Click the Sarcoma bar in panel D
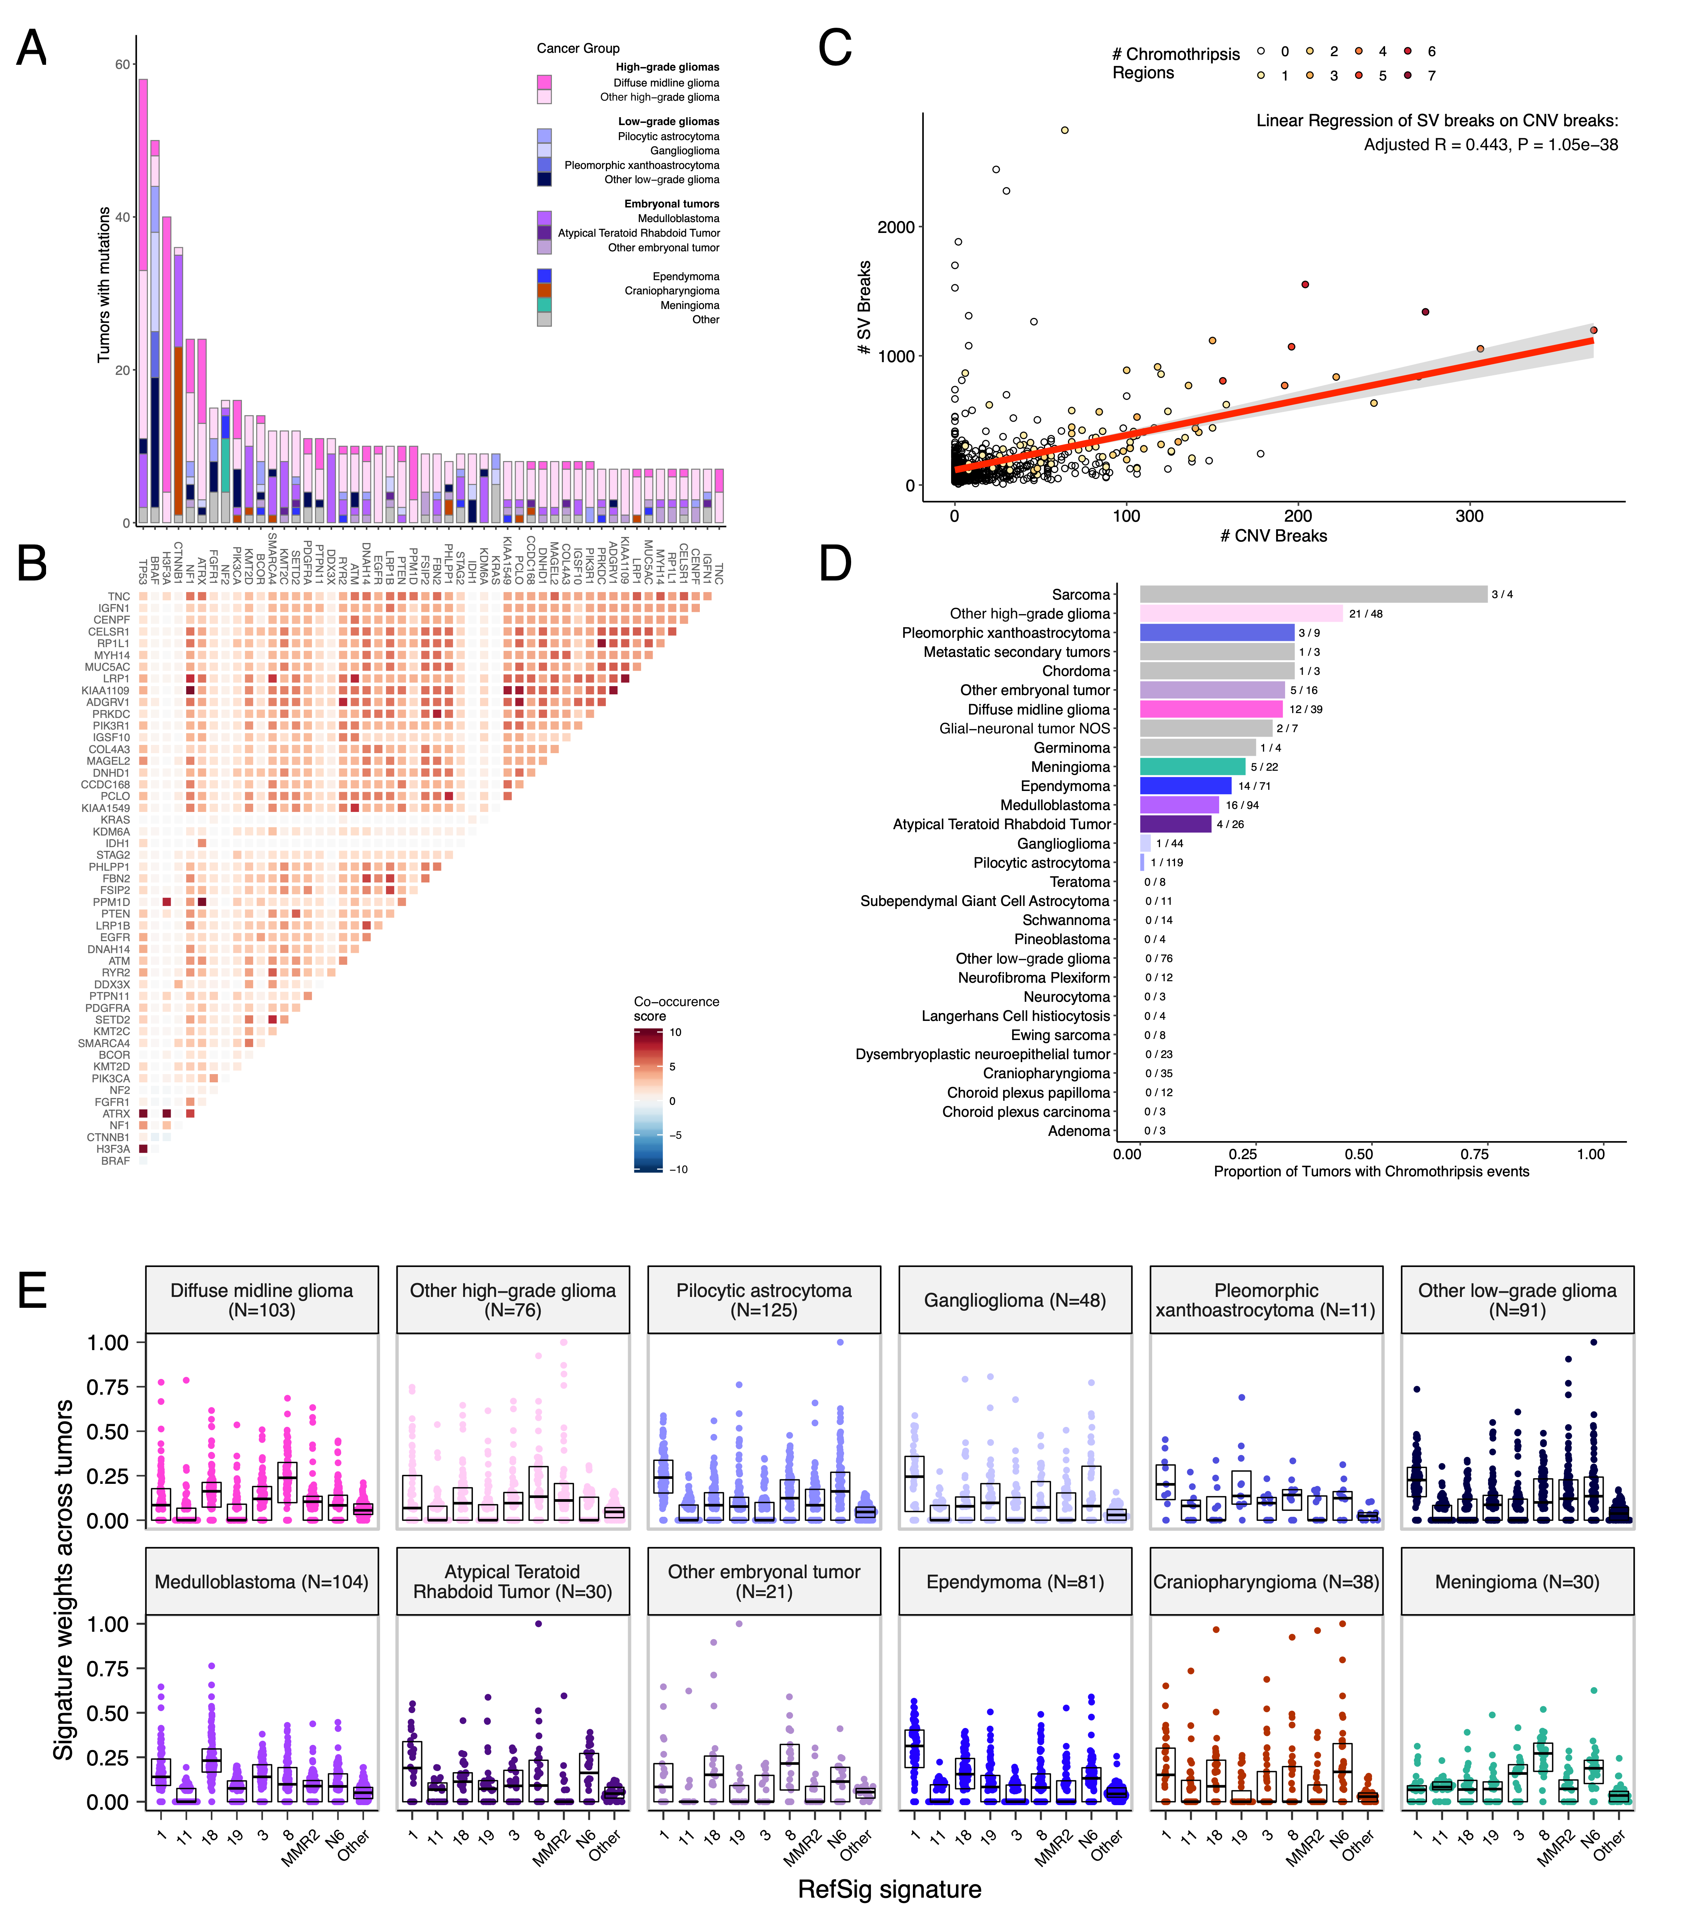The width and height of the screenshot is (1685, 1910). [1312, 594]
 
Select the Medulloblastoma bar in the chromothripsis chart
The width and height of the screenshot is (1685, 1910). [1179, 804]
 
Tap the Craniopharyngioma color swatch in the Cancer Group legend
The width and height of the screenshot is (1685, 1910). [544, 291]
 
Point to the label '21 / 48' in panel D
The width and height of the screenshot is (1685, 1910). [1366, 614]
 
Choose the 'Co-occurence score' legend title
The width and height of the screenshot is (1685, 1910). [676, 1008]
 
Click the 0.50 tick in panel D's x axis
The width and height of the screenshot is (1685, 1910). [1359, 1154]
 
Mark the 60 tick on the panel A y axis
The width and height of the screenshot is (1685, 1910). [122, 64]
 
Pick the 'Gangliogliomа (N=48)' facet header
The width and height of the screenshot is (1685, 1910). [1014, 1300]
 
